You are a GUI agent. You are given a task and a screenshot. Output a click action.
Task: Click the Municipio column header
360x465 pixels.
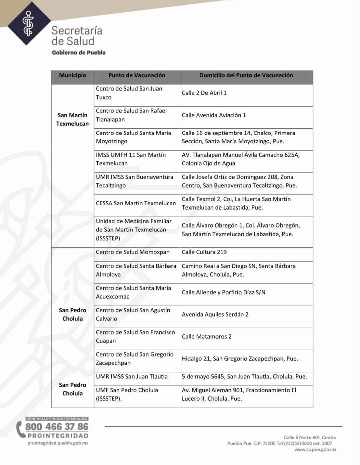click(x=72, y=75)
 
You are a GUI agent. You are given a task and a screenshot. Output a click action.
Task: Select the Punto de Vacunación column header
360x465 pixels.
click(x=137, y=75)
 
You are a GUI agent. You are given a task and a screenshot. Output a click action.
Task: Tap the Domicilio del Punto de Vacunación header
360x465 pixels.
click(x=246, y=75)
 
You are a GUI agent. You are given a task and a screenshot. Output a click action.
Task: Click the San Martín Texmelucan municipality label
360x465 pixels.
click(x=72, y=119)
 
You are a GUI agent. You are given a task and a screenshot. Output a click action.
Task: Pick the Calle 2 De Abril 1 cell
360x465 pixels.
click(x=204, y=93)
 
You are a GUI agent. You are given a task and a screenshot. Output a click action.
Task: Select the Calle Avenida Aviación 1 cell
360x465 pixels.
click(x=214, y=115)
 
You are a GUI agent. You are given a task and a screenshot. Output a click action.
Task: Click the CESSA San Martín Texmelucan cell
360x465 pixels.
click(x=136, y=203)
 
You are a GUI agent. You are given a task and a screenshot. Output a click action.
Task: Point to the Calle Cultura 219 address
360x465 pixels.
click(x=204, y=252)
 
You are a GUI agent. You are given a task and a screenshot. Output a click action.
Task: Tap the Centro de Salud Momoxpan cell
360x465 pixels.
click(x=133, y=252)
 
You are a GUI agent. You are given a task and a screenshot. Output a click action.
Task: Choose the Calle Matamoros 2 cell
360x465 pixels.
click(x=207, y=337)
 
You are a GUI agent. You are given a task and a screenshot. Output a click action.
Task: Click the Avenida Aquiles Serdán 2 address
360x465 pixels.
click(x=215, y=315)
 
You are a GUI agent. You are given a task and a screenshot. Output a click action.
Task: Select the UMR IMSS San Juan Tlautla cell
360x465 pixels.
click(x=132, y=377)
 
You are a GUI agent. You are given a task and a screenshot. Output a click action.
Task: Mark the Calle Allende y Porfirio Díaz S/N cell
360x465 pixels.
click(x=224, y=292)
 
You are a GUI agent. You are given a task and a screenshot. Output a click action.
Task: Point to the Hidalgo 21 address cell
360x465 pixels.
click(x=240, y=359)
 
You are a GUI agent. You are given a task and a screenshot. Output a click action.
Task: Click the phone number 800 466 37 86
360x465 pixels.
click(x=57, y=427)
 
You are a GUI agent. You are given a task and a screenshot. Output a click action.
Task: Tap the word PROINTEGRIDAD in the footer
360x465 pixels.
click(x=58, y=436)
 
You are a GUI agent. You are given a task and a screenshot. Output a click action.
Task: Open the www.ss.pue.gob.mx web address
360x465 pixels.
click(x=315, y=450)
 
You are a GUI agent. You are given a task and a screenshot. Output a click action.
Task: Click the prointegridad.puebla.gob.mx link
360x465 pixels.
click(x=58, y=443)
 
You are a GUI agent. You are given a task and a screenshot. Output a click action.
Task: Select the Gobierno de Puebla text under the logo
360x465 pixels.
click(x=79, y=52)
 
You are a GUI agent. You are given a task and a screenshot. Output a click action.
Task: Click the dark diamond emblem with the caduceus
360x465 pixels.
click(x=29, y=23)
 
